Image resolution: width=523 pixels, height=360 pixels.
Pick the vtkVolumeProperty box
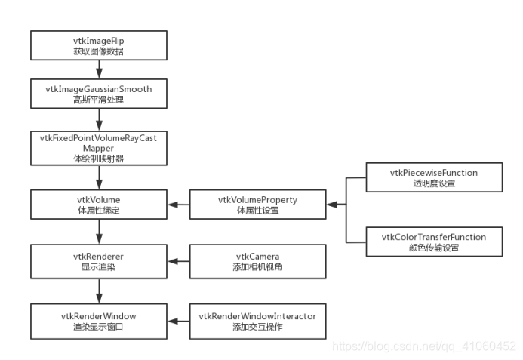coord(257,205)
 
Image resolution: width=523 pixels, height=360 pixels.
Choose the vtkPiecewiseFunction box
coord(433,177)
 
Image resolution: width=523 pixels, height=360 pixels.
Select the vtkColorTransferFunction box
coord(433,242)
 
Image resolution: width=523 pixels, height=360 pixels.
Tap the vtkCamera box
coord(257,261)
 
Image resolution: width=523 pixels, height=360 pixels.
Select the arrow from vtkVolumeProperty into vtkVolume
coord(179,205)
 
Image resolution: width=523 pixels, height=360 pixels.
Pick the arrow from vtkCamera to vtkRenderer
coord(179,261)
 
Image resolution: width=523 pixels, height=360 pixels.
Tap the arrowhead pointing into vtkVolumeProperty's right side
coord(330,205)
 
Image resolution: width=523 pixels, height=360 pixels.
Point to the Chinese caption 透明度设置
coord(433,183)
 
